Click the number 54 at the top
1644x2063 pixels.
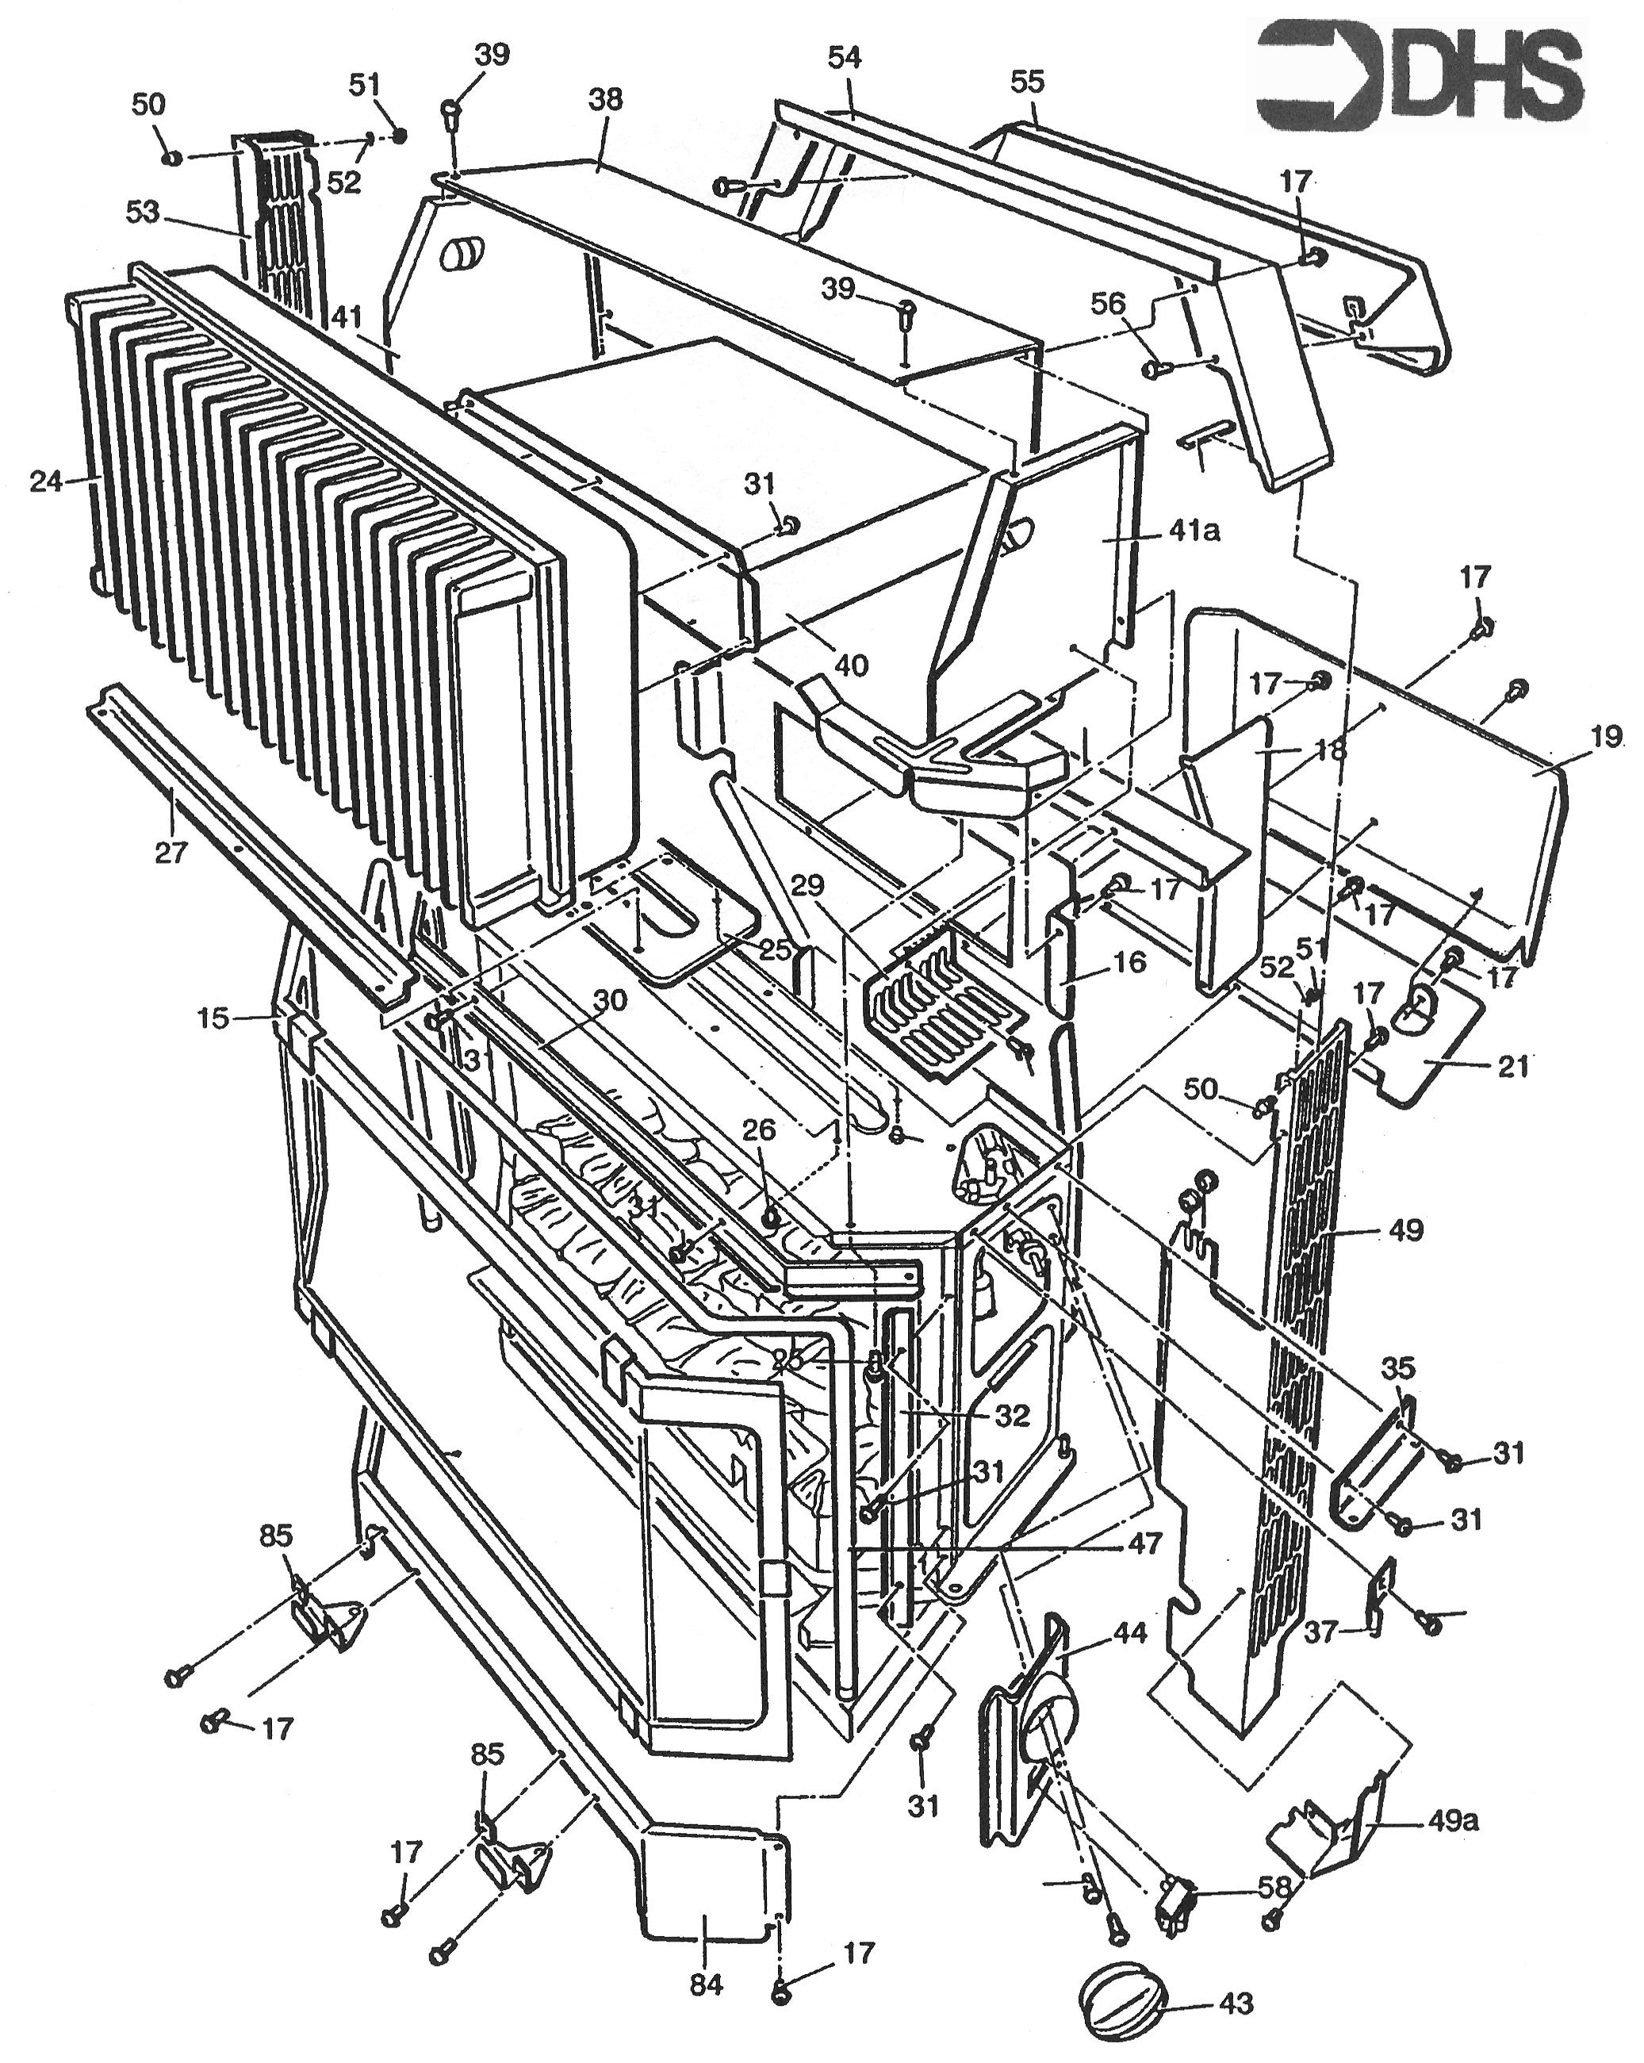click(x=845, y=59)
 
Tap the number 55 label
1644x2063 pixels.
click(x=1027, y=82)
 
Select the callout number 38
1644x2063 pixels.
click(x=607, y=98)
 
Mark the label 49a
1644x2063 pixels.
click(x=1454, y=1821)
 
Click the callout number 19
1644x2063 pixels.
click(x=1608, y=737)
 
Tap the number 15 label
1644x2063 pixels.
click(x=213, y=1018)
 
